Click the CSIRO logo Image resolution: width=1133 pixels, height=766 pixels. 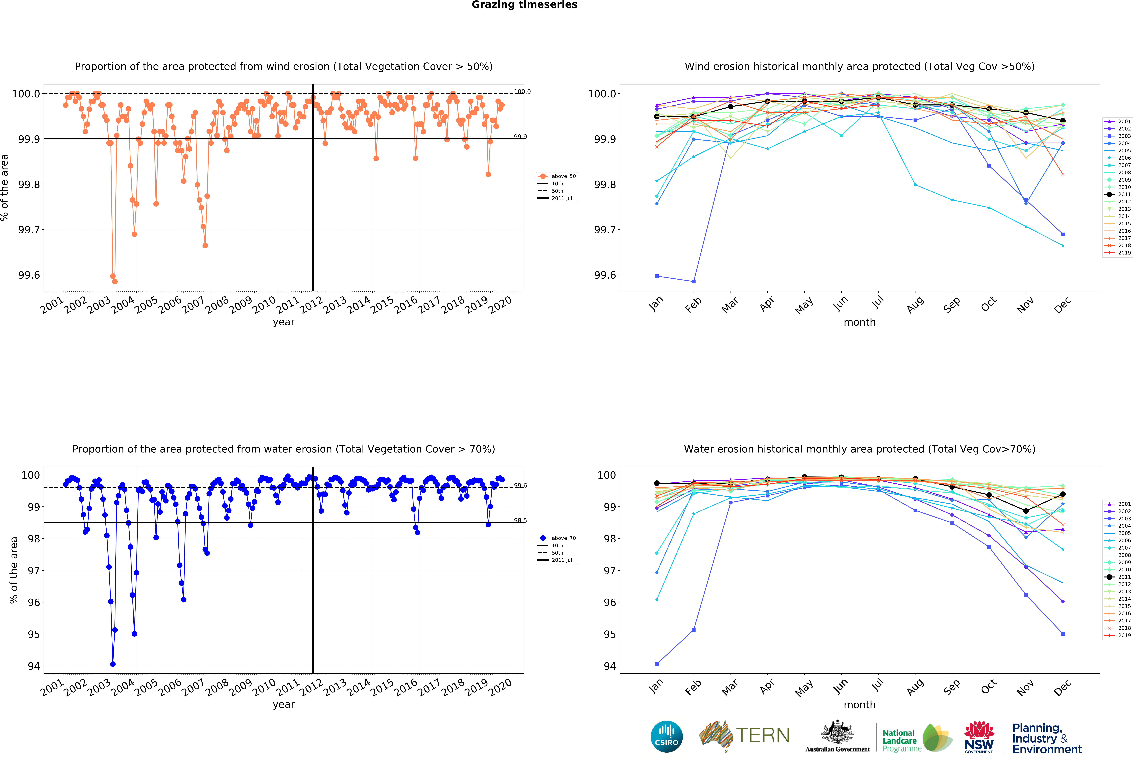(666, 736)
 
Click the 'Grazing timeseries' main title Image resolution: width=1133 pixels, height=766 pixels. (525, 5)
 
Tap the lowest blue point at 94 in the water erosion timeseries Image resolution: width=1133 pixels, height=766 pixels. (113, 664)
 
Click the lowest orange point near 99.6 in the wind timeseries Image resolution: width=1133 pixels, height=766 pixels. (115, 281)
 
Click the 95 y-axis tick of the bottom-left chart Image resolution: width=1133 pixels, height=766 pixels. (33, 634)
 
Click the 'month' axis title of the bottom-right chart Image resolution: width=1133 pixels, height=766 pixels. (859, 704)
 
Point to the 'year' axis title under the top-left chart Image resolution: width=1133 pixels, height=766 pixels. (284, 322)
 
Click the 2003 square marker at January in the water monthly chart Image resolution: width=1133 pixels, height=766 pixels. (657, 664)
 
